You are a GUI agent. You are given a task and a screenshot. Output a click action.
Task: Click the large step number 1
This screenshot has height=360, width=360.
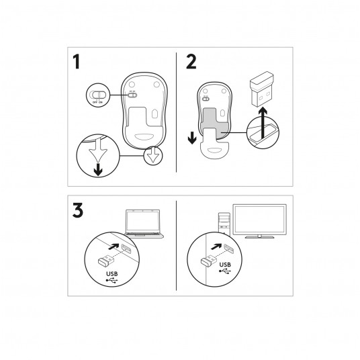(x=77, y=61)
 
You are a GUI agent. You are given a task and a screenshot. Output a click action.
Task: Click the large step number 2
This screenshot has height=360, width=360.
(x=191, y=61)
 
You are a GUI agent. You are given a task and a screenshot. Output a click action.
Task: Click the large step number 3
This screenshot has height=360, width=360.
(x=78, y=210)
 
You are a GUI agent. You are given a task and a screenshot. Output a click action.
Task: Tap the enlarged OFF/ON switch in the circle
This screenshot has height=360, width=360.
(x=98, y=95)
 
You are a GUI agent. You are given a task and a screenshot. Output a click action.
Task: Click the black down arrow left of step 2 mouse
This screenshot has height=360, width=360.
(x=192, y=138)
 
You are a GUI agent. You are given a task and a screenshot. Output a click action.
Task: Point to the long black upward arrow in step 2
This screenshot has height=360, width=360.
(x=263, y=124)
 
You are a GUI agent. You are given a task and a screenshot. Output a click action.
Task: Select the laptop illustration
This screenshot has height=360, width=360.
(x=144, y=224)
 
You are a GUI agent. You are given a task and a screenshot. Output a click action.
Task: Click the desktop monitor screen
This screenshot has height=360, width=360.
(x=259, y=220)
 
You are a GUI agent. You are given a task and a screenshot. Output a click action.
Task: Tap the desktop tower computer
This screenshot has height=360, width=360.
(x=224, y=224)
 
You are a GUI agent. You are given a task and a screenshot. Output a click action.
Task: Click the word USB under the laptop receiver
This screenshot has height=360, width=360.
(x=112, y=273)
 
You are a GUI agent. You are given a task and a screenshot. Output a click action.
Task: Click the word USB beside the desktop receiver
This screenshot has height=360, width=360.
(x=225, y=265)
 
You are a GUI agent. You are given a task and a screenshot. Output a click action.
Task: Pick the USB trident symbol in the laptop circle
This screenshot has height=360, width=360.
(x=111, y=280)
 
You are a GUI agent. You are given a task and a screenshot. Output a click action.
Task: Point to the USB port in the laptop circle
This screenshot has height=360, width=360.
(x=126, y=249)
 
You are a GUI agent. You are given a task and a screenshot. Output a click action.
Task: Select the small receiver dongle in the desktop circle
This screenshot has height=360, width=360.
(x=208, y=261)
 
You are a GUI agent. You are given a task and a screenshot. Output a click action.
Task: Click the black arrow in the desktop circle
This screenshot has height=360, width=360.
(x=216, y=246)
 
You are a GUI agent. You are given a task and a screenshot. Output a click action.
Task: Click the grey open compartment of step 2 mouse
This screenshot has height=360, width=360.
(x=215, y=122)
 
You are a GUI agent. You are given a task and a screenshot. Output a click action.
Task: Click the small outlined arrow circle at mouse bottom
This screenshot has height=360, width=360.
(x=153, y=155)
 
